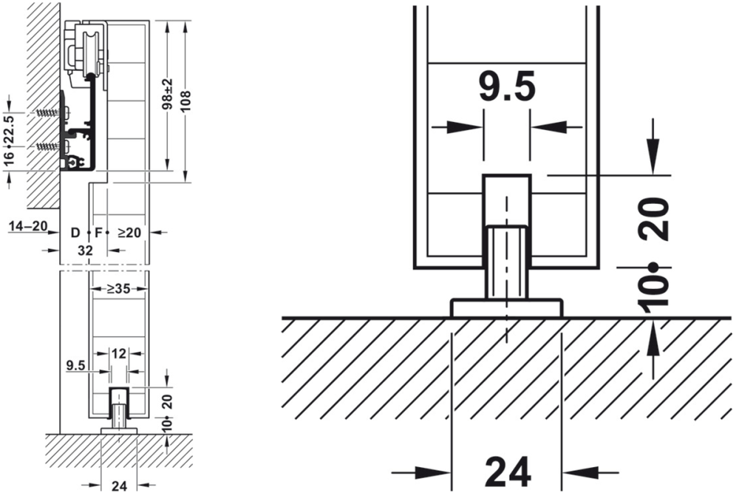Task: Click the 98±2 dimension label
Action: tap(168, 95)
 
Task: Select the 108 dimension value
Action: tap(185, 100)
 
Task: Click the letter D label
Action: tap(75, 233)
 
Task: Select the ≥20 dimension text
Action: tap(129, 233)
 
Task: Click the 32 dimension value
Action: tap(85, 250)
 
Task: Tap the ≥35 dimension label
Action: tap(118, 289)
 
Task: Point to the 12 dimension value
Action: tap(118, 353)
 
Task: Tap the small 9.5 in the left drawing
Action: tap(75, 364)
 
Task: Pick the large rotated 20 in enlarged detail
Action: tap(656, 220)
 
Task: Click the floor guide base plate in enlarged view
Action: tap(506, 307)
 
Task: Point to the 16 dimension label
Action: tap(10, 157)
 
